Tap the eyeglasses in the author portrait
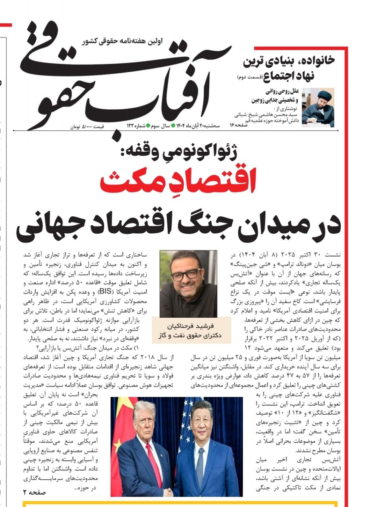186,274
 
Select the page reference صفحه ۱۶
238,125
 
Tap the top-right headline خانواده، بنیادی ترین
289,61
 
